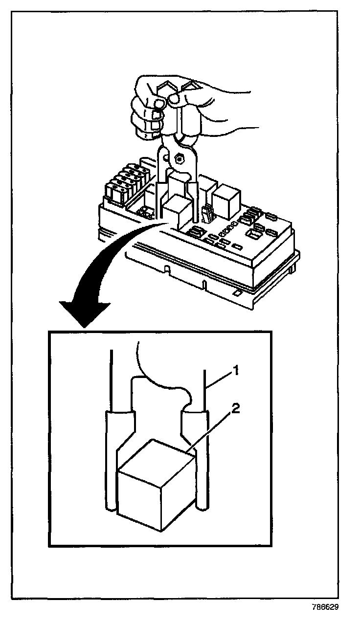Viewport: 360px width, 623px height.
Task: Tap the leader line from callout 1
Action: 218,382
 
